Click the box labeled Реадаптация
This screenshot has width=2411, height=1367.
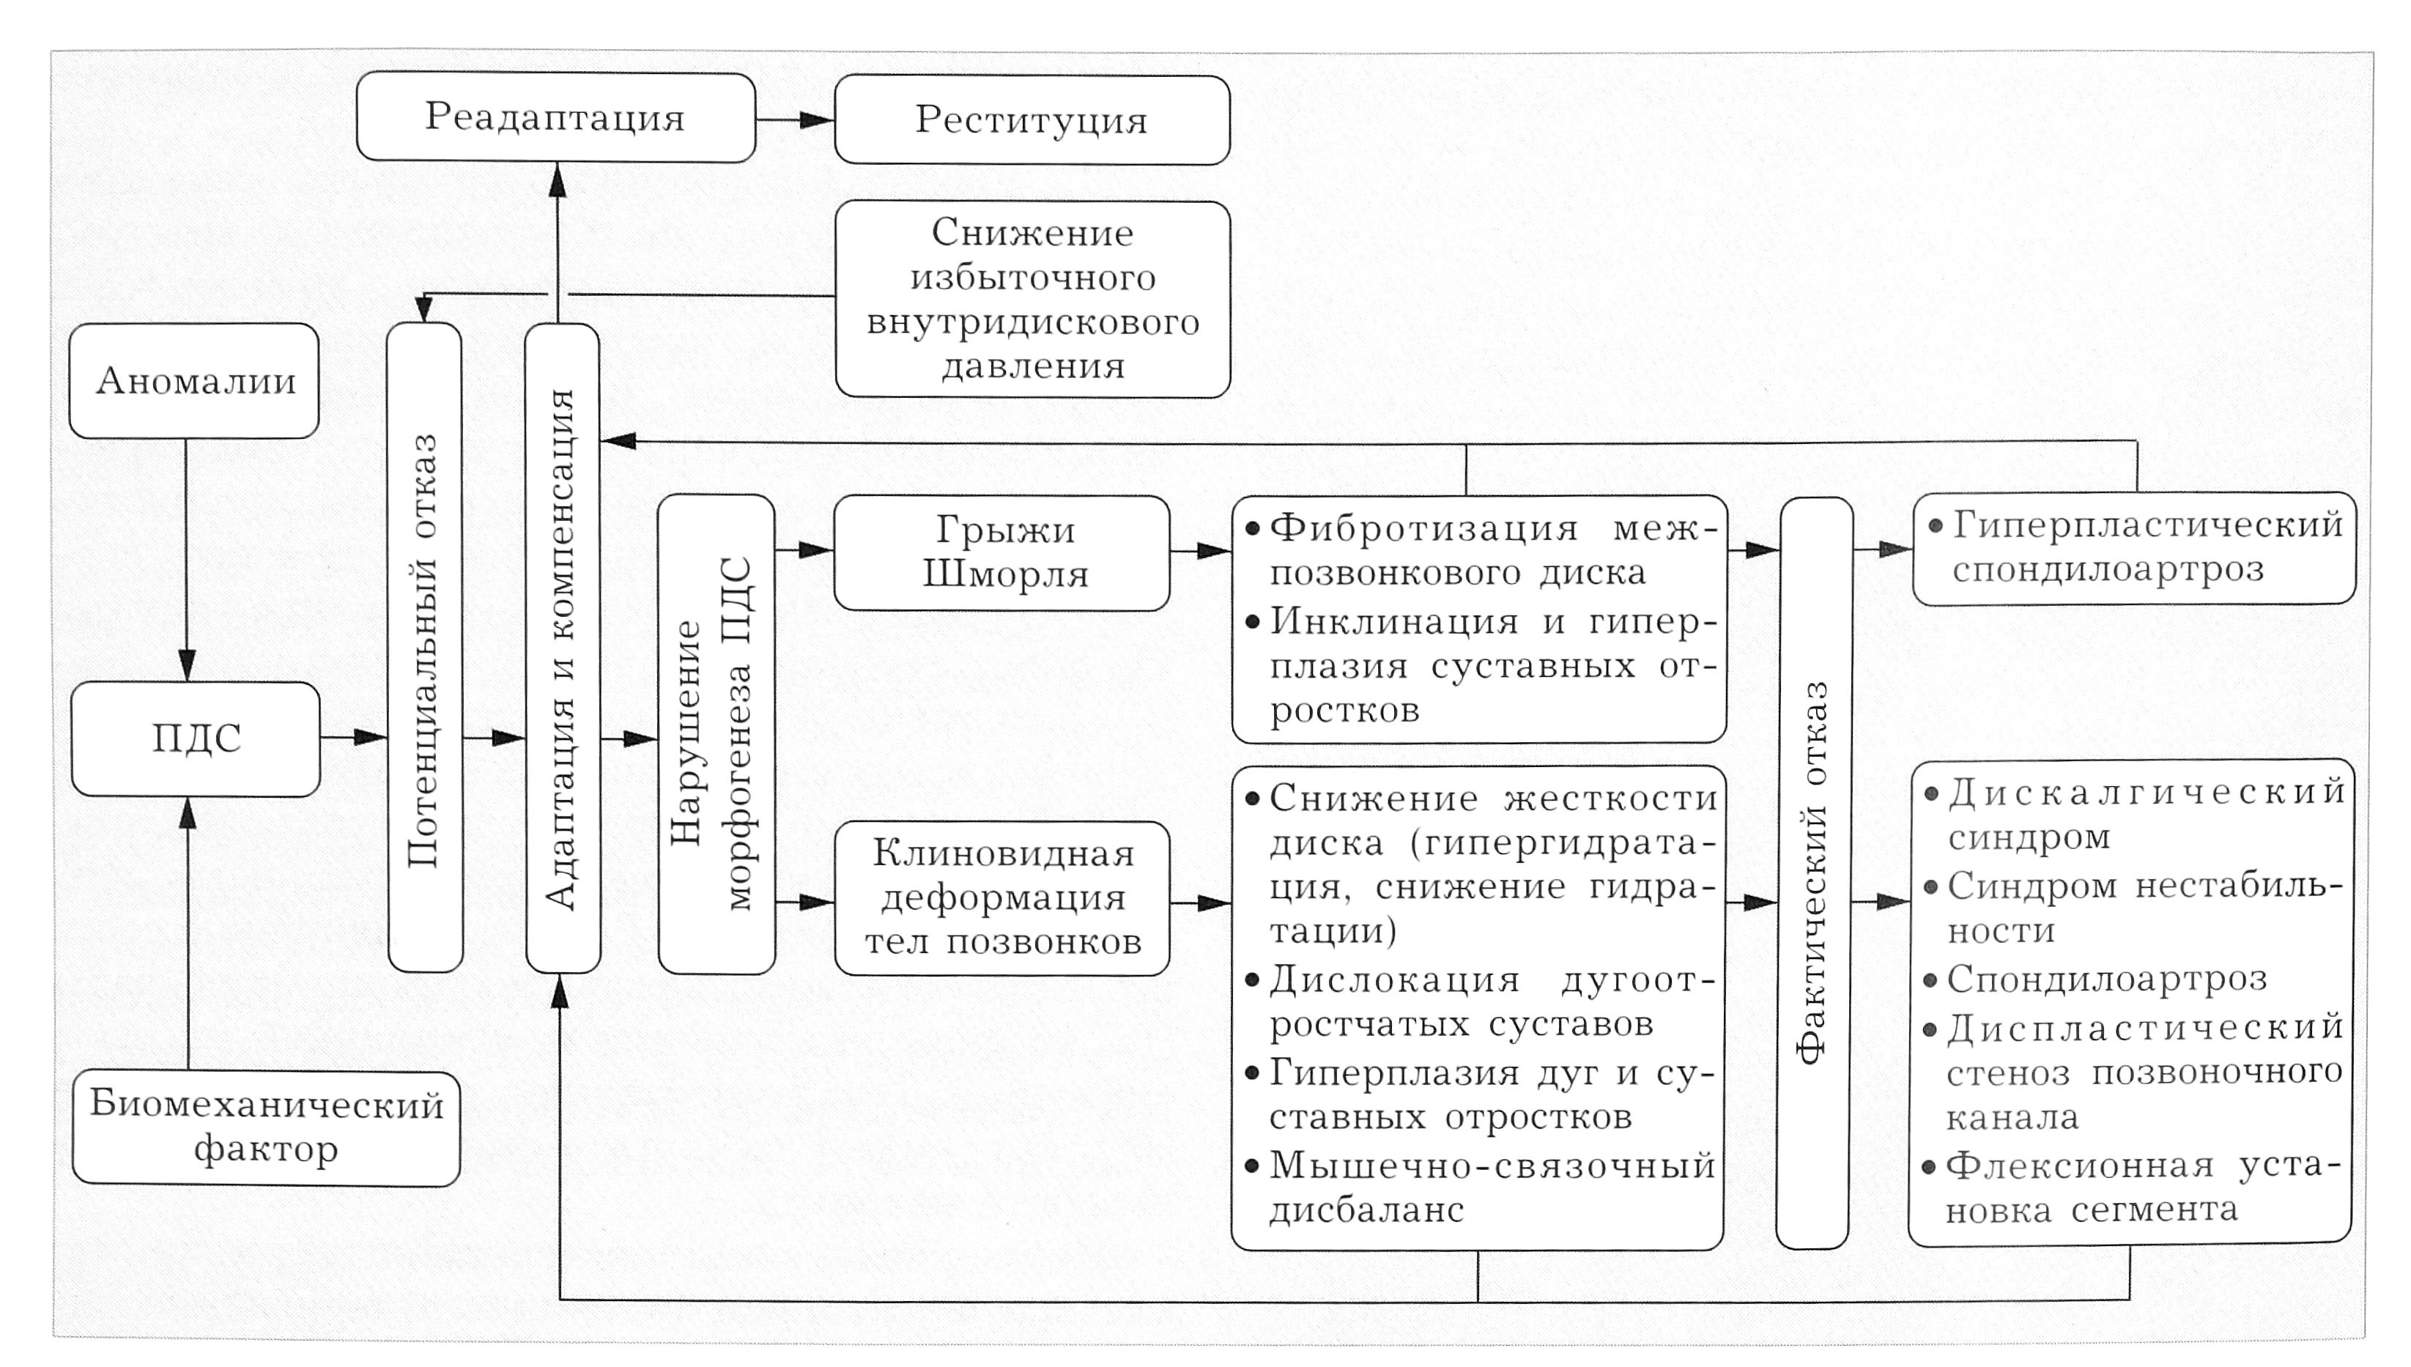tap(556, 117)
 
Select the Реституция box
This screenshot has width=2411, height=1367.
tap(1032, 120)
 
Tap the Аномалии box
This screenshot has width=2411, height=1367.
tap(194, 381)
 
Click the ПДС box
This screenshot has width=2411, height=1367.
tap(196, 739)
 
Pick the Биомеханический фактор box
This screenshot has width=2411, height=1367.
tap(266, 1127)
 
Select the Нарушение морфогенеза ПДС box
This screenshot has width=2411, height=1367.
tap(716, 734)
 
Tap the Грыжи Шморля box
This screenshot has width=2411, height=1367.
tap(1001, 553)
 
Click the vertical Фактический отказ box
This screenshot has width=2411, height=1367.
tap(1813, 873)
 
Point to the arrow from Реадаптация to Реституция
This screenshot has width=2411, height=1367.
tap(794, 119)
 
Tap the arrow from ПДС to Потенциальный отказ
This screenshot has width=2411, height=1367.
tap(353, 738)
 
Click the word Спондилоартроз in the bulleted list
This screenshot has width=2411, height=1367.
tap(2107, 979)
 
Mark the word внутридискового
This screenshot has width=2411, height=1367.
tap(1033, 322)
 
